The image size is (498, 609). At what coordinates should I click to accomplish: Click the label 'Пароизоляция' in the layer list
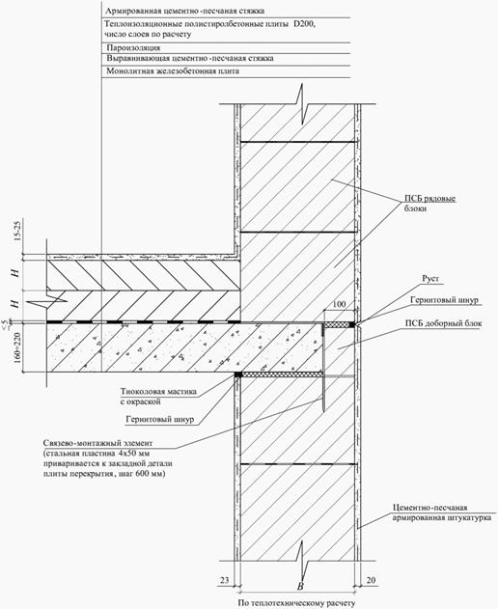[133, 47]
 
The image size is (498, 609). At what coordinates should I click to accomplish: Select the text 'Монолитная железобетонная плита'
[173, 71]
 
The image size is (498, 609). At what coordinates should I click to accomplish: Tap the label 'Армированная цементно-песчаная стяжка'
[185, 11]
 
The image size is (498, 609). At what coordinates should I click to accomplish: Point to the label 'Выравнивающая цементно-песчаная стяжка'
[190, 58]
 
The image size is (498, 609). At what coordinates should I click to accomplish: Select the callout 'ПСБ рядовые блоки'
[430, 204]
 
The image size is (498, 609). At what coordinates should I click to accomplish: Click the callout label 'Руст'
[430, 279]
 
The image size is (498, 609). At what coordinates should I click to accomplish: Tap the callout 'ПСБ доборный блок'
[443, 323]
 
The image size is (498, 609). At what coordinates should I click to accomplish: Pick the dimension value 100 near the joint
[339, 304]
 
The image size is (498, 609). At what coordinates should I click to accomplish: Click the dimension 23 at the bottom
[225, 580]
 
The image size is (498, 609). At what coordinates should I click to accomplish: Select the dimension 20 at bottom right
[371, 580]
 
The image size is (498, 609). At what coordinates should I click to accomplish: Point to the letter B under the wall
[300, 587]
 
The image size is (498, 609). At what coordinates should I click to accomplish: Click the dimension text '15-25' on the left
[17, 231]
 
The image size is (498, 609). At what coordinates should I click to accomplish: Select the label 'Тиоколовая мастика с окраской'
[158, 397]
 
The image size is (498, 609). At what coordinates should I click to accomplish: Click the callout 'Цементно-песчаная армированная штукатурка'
[442, 512]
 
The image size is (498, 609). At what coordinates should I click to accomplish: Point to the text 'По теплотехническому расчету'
[296, 603]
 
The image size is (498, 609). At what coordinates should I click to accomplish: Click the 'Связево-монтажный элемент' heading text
[97, 443]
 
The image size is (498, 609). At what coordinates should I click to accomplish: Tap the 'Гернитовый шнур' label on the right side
[444, 300]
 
